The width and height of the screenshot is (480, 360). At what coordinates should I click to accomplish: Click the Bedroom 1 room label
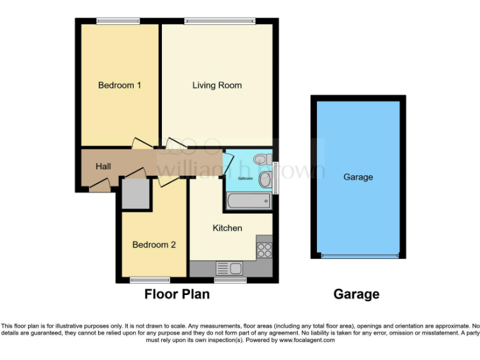[x=119, y=85]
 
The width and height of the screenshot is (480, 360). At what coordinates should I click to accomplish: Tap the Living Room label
[x=217, y=85]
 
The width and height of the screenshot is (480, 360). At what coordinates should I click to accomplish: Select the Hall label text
[x=103, y=166]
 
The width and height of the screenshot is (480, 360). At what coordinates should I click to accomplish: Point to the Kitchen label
[x=227, y=228]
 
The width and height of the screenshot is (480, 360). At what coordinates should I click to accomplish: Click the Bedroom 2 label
[x=154, y=245]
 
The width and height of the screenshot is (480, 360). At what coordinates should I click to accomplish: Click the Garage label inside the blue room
[x=358, y=177]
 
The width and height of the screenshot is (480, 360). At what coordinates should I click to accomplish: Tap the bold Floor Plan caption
[x=177, y=294]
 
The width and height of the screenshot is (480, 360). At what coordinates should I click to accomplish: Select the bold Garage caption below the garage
[x=356, y=294]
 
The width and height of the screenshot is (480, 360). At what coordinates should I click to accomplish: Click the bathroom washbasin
[x=265, y=181]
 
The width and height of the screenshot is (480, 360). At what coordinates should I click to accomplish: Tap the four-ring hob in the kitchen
[x=264, y=249]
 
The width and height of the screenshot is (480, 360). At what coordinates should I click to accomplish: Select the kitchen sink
[x=229, y=268]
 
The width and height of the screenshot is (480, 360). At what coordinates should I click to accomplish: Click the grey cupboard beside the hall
[x=136, y=194]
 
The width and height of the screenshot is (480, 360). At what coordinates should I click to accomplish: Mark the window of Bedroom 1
[x=118, y=21]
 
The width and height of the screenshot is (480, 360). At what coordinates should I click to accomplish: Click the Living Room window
[x=220, y=21]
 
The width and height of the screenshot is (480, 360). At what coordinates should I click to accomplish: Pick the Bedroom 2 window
[x=150, y=279]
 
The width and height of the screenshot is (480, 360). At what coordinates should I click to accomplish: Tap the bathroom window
[x=276, y=178]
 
